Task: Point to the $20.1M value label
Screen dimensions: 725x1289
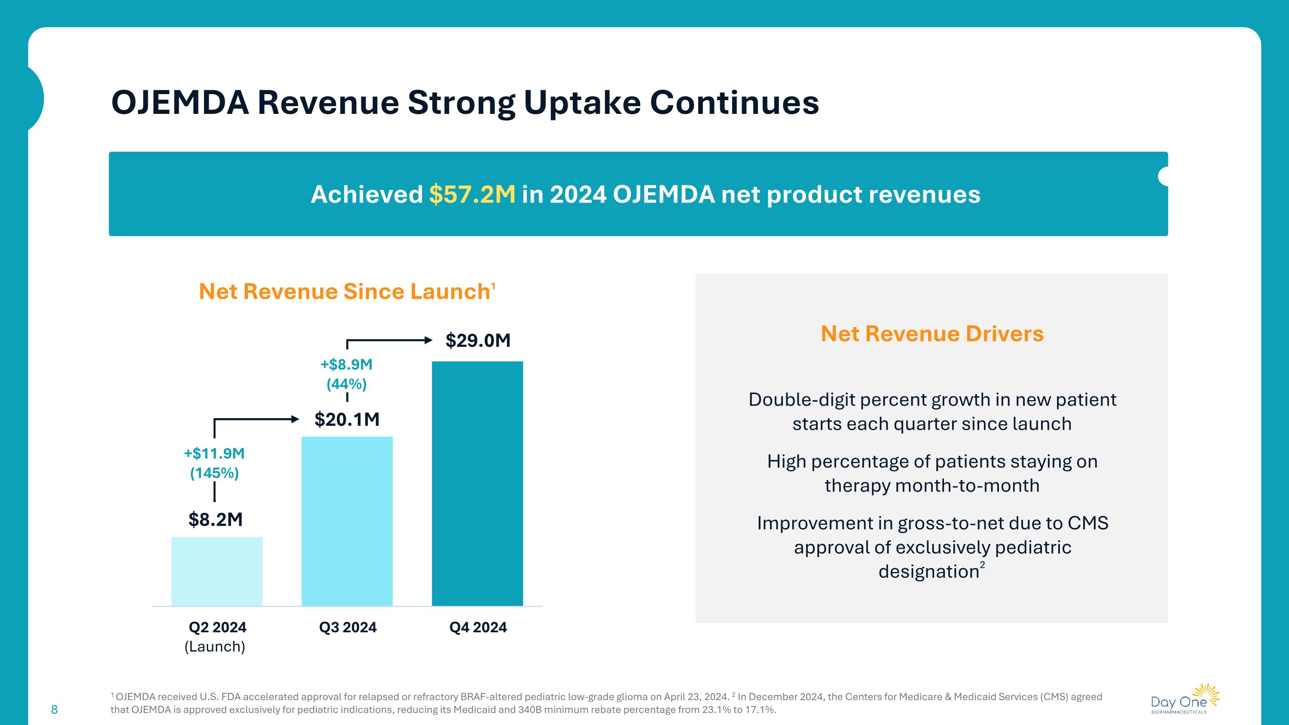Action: [x=347, y=419]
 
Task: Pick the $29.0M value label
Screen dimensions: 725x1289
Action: [x=478, y=340]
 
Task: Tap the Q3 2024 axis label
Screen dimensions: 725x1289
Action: [x=348, y=627]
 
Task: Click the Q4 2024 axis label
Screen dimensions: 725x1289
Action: [x=478, y=627]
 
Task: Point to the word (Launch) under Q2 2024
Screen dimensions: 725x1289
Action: [x=215, y=646]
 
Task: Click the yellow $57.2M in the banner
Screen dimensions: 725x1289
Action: [x=472, y=194]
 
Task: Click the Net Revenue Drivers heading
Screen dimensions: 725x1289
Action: [x=932, y=334]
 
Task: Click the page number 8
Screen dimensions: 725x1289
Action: [x=55, y=710]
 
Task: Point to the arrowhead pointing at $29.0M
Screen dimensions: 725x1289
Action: [x=428, y=341]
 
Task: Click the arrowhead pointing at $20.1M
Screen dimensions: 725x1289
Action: [x=295, y=419]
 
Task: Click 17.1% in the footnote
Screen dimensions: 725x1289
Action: [x=759, y=710]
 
